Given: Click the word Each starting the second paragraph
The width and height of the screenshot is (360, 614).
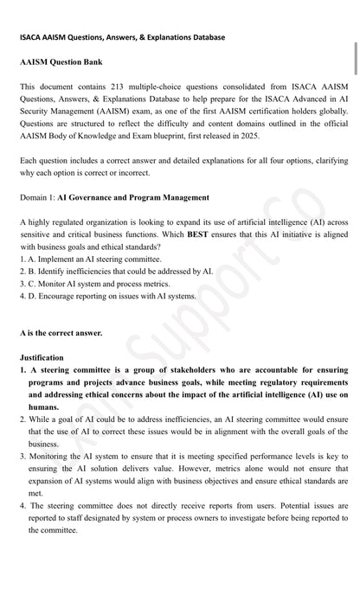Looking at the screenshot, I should [x=28, y=161].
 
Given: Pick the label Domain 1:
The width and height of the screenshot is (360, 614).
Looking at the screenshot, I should [x=37, y=197].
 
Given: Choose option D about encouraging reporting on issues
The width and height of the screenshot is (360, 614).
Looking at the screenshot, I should [x=107, y=295].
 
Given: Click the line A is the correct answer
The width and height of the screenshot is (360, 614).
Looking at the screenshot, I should [x=61, y=332].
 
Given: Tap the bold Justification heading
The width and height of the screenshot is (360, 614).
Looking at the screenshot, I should [x=42, y=357].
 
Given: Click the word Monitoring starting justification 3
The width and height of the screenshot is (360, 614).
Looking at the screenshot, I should [x=50, y=456].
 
